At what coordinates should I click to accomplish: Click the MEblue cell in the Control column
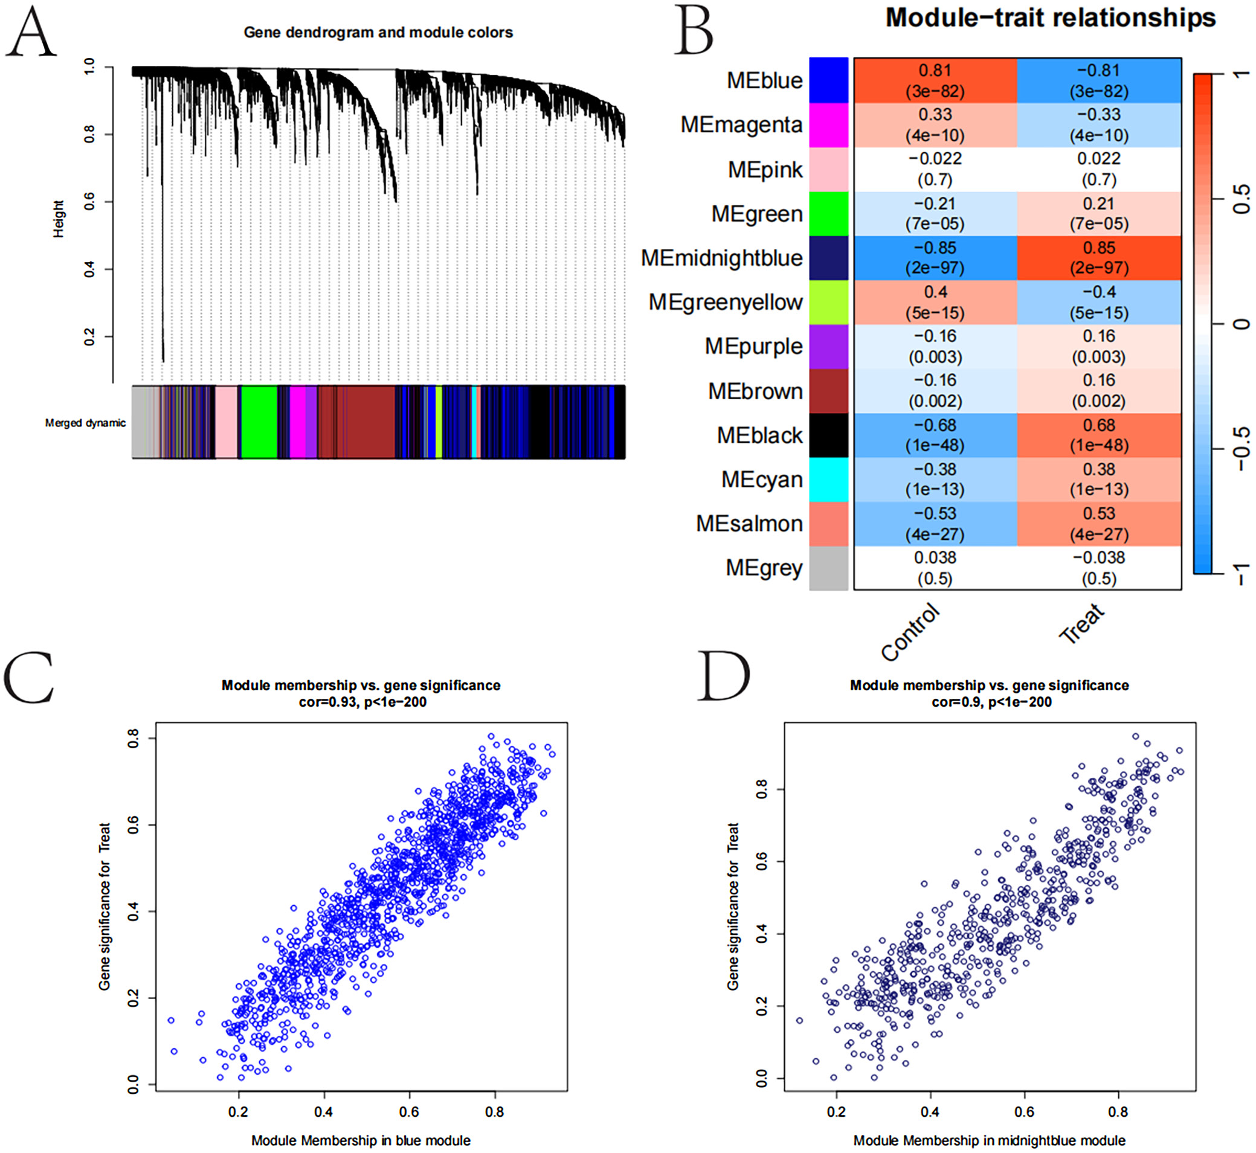click(x=935, y=80)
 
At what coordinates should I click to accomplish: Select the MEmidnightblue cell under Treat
click(x=1099, y=258)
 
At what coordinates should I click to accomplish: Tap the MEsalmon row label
click(x=749, y=524)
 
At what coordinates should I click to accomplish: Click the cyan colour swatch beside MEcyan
click(x=829, y=479)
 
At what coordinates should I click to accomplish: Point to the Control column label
click(x=910, y=631)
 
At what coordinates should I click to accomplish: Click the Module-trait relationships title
click(x=1050, y=18)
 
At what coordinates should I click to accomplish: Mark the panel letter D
click(x=723, y=676)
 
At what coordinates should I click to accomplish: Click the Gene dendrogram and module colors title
click(x=378, y=33)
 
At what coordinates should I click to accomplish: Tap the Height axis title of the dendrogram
click(x=58, y=219)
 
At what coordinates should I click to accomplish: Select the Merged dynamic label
click(x=85, y=423)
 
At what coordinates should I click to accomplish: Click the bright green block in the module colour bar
click(x=259, y=422)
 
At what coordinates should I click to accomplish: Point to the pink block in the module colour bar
click(x=226, y=422)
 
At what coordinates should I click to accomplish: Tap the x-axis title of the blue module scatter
click(x=361, y=1140)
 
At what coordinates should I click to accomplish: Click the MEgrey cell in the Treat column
click(x=1099, y=568)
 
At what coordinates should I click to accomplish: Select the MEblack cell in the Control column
click(x=935, y=435)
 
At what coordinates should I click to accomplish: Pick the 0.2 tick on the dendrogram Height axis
click(x=89, y=337)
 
